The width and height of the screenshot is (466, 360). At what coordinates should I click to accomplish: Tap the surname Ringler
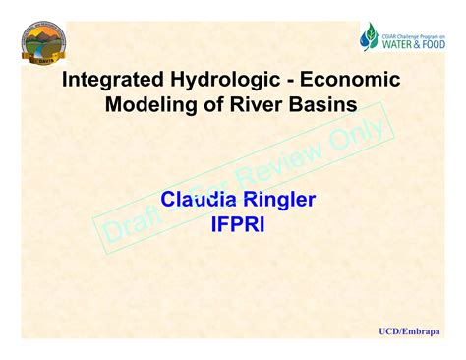pyautogui.click(x=274, y=201)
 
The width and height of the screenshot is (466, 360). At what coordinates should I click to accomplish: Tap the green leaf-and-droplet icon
pyautogui.click(x=370, y=36)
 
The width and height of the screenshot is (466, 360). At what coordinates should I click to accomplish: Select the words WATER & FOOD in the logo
pyautogui.click(x=414, y=43)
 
